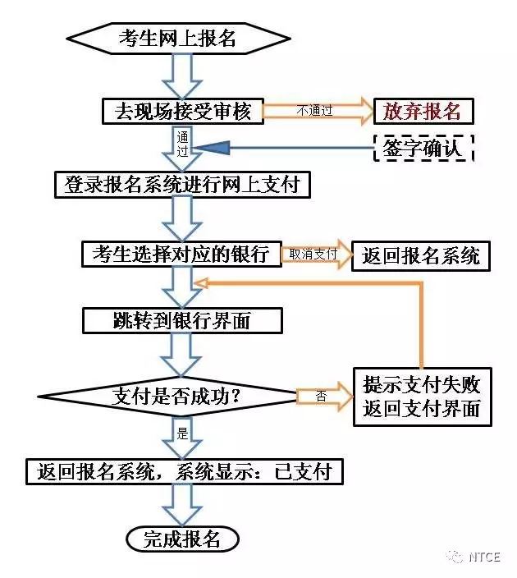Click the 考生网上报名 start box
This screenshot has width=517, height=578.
(178, 38)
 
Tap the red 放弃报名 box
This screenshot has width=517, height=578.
(423, 110)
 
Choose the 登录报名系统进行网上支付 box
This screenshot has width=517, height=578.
(181, 185)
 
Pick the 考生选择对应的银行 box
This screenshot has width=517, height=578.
(181, 254)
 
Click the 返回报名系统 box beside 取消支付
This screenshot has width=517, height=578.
(420, 255)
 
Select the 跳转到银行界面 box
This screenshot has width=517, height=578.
(181, 320)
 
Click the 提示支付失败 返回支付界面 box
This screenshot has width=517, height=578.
(422, 396)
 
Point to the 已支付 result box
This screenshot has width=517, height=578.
(183, 470)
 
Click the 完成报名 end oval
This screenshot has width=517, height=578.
(182, 539)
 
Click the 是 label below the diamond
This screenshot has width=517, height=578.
(182, 431)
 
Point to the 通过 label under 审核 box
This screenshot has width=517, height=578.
(182, 144)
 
